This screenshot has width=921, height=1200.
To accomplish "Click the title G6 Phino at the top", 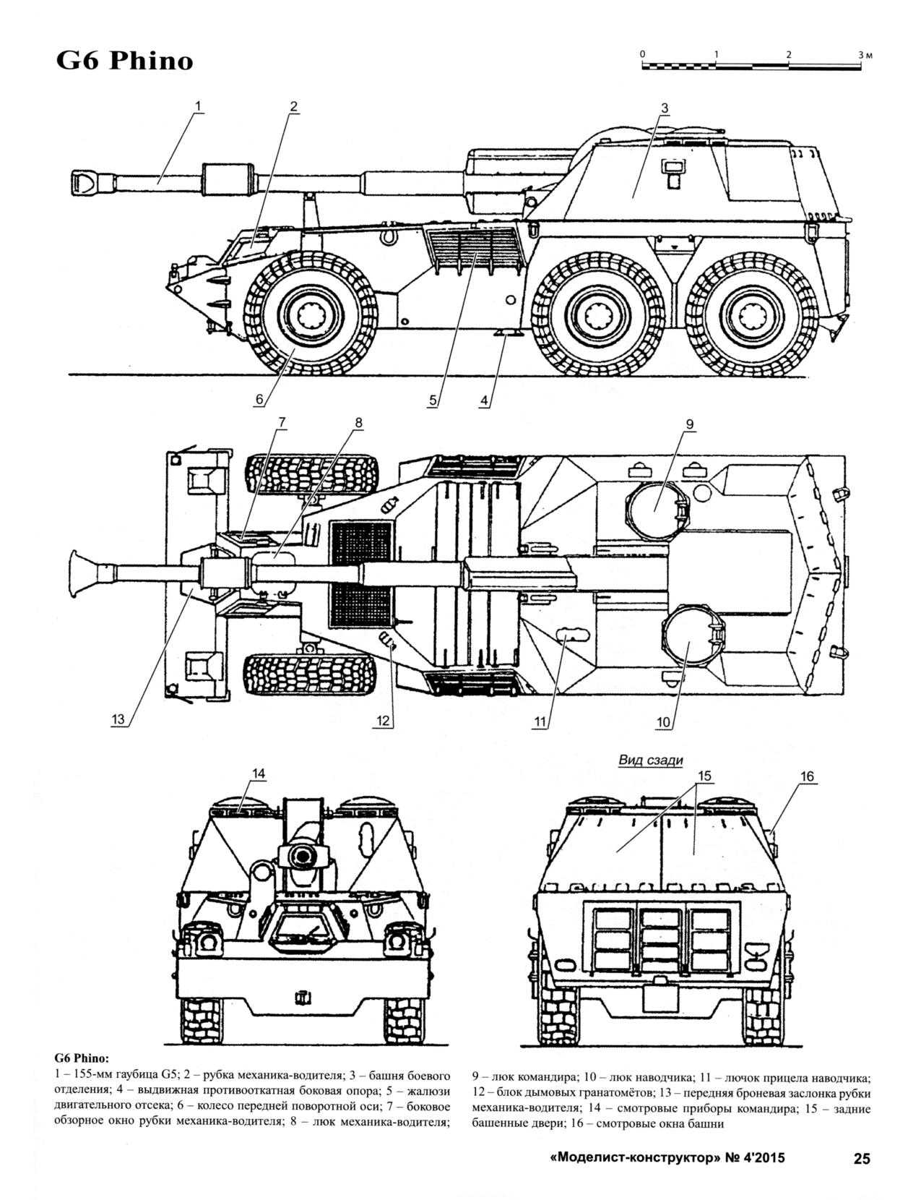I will [125, 61].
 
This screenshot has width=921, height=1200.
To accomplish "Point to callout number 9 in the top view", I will [689, 424].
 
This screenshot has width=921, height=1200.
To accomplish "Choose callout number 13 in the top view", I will [118, 719].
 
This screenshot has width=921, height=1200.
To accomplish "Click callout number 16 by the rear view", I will [806, 776].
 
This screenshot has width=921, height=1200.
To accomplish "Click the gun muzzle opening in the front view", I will [303, 855].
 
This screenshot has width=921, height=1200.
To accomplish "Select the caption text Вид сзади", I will [650, 760].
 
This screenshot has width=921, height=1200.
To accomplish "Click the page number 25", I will [862, 1159].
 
